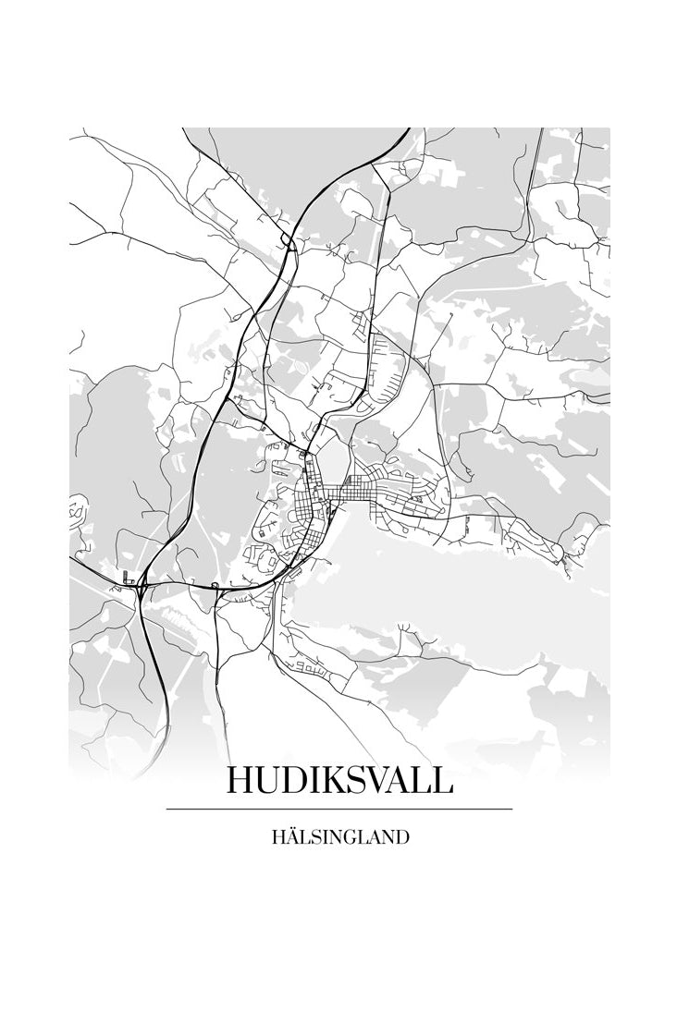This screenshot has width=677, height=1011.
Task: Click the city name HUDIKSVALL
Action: [x=338, y=781]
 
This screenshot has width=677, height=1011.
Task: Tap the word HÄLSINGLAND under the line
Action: [x=340, y=838]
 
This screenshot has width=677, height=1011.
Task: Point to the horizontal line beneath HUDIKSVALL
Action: [x=338, y=809]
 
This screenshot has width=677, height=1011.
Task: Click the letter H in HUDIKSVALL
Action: [x=240, y=781]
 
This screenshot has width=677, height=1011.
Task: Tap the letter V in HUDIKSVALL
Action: [x=367, y=781]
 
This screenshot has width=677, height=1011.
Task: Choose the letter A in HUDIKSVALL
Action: [x=393, y=781]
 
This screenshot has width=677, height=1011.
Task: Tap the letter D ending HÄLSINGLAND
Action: [x=401, y=838]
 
